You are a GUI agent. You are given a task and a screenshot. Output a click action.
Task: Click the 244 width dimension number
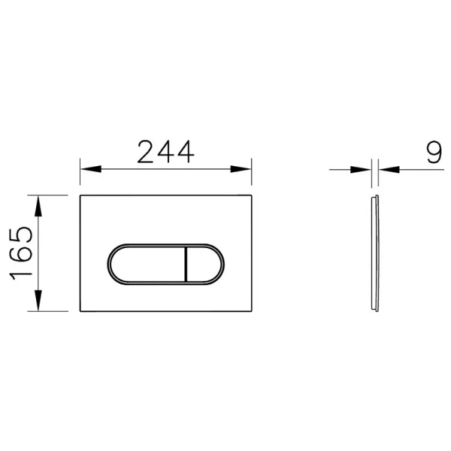coord(165,152)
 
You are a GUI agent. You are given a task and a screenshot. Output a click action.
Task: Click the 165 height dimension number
coord(21,253)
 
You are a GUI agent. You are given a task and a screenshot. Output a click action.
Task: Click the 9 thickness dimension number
coord(434,152)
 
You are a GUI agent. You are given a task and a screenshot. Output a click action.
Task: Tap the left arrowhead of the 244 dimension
coord(91,169)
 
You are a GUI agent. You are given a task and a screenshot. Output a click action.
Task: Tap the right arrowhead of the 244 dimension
coord(241,169)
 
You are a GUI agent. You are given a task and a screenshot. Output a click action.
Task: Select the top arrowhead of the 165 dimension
coord(38,206)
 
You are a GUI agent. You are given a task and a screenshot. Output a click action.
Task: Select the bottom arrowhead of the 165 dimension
coord(38,301)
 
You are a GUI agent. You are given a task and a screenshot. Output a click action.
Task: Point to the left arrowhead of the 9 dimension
coord(361,170)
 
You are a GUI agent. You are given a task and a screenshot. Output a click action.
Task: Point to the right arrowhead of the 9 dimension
coord(389,170)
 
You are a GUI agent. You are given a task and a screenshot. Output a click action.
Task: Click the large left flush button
coord(147,265)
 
